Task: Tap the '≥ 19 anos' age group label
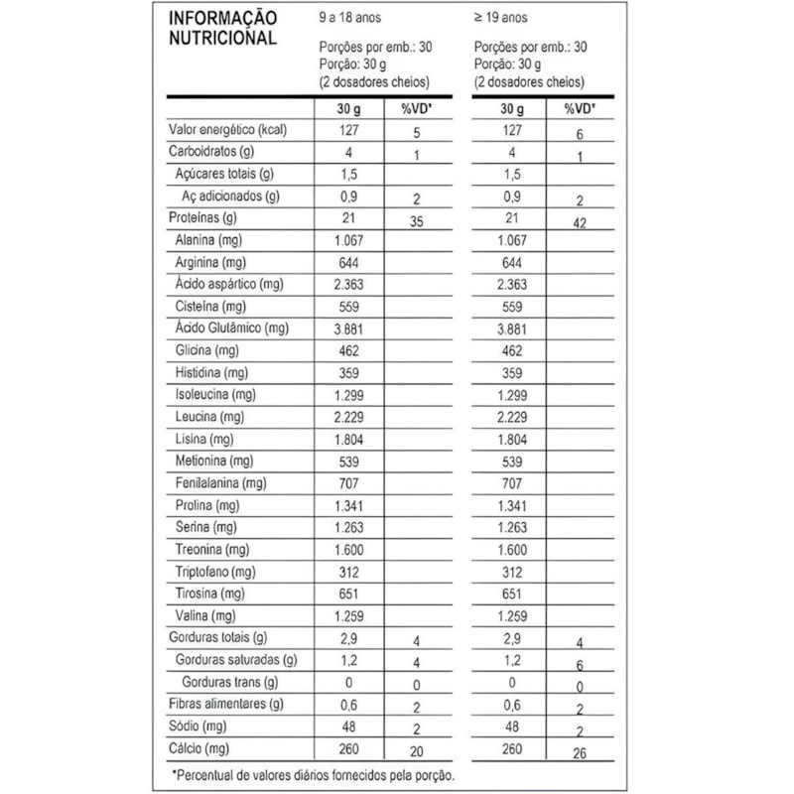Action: [502, 18]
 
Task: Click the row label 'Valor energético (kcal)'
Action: [228, 131]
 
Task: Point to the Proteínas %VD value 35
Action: [417, 222]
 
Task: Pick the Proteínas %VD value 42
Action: [580, 223]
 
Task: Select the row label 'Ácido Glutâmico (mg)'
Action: [230, 329]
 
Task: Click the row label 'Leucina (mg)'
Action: [208, 416]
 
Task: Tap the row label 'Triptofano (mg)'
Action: [214, 572]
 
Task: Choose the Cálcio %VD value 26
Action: [580, 752]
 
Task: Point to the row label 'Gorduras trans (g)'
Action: [229, 682]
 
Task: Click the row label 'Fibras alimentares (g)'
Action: [227, 704]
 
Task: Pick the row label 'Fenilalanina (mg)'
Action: [219, 483]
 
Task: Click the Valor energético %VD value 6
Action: [580, 135]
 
